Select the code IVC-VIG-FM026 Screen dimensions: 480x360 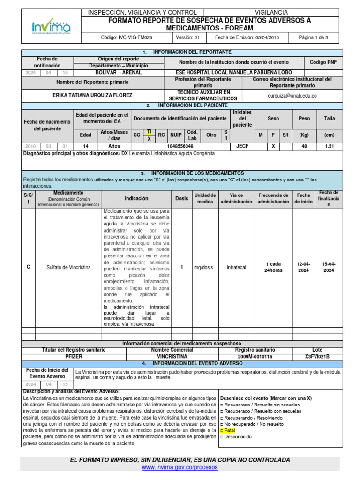(x=126, y=37)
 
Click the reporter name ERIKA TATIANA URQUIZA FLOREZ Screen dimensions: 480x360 (x=92, y=95)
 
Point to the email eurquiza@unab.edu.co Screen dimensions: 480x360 (x=292, y=95)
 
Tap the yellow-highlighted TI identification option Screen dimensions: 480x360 (x=149, y=132)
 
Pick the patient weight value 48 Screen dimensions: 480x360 (x=304, y=146)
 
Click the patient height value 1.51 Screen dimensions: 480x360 (x=330, y=146)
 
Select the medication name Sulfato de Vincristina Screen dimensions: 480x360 (x=68, y=267)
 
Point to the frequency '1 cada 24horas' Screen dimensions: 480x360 (x=273, y=267)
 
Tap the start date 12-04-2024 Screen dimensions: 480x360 (x=303, y=267)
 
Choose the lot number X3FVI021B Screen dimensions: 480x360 (x=317, y=356)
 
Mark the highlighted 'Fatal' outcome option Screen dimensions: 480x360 (x=229, y=430)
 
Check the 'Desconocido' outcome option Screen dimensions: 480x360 (x=238, y=436)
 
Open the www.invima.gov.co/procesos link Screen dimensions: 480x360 (x=180, y=467)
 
